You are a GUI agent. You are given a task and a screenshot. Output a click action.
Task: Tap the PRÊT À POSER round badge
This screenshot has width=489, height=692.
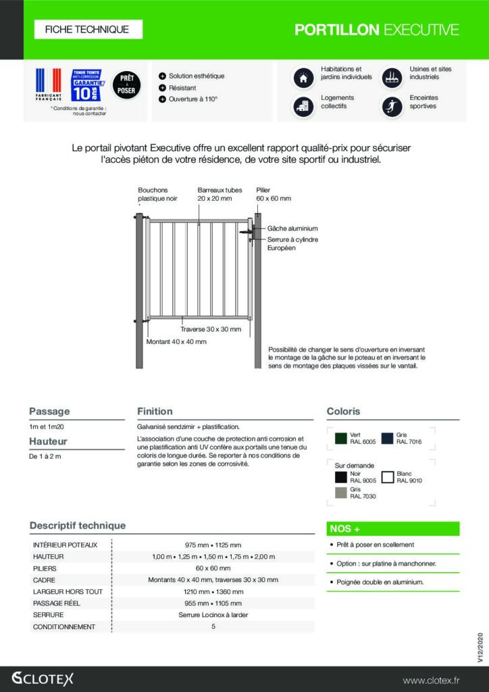(126, 84)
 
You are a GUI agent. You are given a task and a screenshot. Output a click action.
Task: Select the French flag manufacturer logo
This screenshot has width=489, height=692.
(48, 86)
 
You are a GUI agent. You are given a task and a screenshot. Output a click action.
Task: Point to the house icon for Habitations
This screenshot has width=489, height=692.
(303, 78)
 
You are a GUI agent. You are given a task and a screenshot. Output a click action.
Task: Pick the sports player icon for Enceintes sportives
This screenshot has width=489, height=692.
(392, 107)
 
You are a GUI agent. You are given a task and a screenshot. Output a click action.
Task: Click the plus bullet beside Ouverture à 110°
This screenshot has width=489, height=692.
(162, 99)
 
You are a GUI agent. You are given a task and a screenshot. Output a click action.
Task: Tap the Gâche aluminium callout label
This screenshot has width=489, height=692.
(292, 228)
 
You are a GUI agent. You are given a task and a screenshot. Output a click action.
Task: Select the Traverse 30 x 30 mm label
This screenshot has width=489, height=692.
(211, 329)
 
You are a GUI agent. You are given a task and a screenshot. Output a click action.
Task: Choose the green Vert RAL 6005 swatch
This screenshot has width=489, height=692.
(342, 439)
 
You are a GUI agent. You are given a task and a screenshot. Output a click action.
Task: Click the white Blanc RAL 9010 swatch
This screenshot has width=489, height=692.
(388, 477)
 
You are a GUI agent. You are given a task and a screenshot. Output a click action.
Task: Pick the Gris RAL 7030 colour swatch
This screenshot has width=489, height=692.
(342, 492)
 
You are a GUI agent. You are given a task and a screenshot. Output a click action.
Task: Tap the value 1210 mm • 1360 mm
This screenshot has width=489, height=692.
(213, 591)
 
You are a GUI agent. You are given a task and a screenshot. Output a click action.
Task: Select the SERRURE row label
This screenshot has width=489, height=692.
(49, 615)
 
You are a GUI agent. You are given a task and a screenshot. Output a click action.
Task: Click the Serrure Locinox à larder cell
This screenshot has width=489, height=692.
(213, 615)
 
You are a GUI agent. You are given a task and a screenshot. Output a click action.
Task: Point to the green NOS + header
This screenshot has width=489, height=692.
(393, 528)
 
